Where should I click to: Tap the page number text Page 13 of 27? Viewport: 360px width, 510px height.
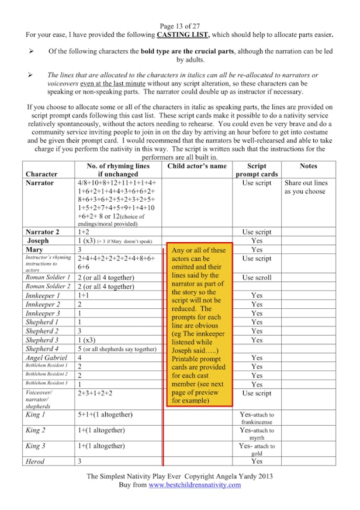click(x=180, y=26)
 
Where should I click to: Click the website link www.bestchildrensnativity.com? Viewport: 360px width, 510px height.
click(x=195, y=485)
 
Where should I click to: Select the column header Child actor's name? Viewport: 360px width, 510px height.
click(x=196, y=166)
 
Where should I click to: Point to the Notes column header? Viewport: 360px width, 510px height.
click(x=308, y=166)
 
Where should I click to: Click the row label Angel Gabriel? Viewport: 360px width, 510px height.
click(x=46, y=357)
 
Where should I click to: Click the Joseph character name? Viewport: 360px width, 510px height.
click(x=38, y=240)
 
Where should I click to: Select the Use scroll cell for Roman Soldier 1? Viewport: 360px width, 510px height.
click(x=257, y=277)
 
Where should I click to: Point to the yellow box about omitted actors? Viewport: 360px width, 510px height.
click(x=199, y=325)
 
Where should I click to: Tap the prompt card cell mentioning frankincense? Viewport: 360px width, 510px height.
click(x=257, y=418)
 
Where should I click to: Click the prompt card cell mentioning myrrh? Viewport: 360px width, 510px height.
click(x=257, y=433)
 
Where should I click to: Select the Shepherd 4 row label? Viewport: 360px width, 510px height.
click(x=42, y=349)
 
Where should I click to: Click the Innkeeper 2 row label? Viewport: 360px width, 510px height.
click(x=43, y=304)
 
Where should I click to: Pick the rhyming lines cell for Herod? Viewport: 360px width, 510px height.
click(x=80, y=461)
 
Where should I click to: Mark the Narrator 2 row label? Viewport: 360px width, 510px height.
click(x=43, y=232)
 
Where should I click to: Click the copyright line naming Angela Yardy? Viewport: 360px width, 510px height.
click(x=180, y=476)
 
